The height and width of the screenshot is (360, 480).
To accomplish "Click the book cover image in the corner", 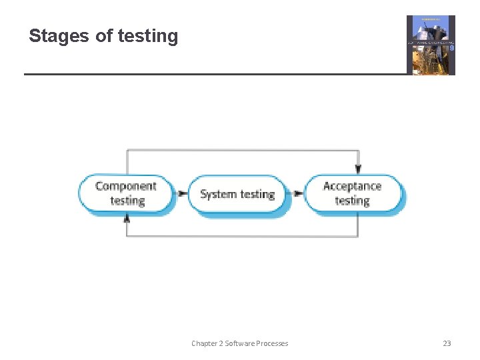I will [431, 45].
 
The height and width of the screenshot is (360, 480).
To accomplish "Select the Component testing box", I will [126, 193].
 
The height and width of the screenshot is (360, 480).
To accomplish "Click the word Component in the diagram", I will [126, 186].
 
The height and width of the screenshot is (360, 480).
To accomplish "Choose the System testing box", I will [237, 194].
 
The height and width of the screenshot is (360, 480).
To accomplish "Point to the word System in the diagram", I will [217, 194].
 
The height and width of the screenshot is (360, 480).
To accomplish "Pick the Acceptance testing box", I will [353, 193].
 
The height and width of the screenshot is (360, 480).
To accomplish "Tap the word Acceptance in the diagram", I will [353, 186].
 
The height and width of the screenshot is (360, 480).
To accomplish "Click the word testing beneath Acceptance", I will [353, 201].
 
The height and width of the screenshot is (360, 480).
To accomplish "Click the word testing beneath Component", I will [127, 201].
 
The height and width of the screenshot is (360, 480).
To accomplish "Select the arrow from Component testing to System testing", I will [181, 194].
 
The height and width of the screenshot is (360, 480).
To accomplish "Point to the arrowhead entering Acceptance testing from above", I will [358, 170].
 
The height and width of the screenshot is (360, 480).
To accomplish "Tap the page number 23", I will [447, 343].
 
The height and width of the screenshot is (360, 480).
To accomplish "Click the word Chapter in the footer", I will [204, 343].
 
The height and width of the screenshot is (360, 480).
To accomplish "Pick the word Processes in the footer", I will [273, 343].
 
